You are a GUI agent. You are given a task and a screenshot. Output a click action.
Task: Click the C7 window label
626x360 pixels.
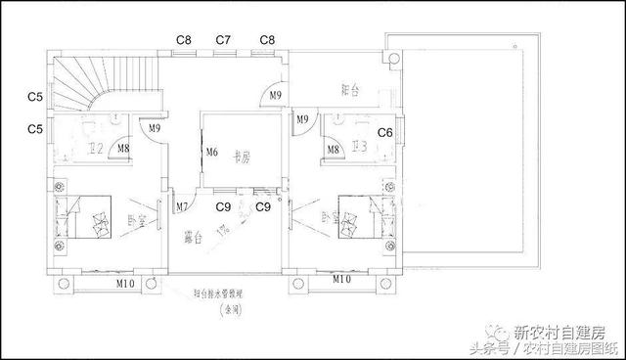pos(223,40)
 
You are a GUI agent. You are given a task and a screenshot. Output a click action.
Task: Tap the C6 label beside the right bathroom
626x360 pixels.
pos(385,132)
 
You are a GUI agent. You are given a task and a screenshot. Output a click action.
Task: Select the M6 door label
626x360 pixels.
pos(211,152)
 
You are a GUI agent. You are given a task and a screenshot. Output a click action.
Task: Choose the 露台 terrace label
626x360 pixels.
pos(192,238)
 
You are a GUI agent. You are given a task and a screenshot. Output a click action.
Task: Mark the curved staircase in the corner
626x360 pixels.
pos(78,83)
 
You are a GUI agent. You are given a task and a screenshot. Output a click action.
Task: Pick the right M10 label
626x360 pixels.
pos(340,280)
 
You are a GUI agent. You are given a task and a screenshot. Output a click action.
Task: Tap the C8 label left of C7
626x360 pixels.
pos(183,40)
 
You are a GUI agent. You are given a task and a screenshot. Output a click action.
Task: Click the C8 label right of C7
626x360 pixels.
pos(267,40)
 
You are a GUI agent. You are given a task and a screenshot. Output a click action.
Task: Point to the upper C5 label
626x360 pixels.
pos(34,97)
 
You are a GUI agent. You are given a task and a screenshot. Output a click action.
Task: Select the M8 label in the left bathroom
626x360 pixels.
pos(123,150)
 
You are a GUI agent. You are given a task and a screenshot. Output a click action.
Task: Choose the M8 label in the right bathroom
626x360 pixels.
pos(334,150)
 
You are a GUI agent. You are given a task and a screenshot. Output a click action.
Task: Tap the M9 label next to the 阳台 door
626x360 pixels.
pos(275,94)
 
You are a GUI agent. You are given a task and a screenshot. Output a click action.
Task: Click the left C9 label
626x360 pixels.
pos(223,206)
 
